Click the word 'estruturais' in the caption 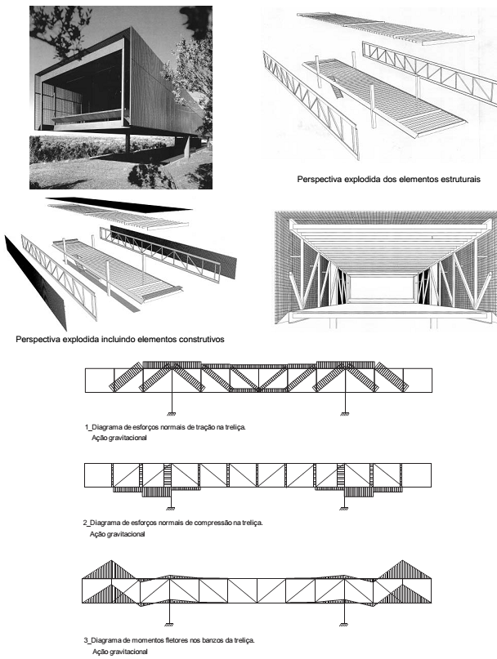pyautogui.click(x=456, y=178)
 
